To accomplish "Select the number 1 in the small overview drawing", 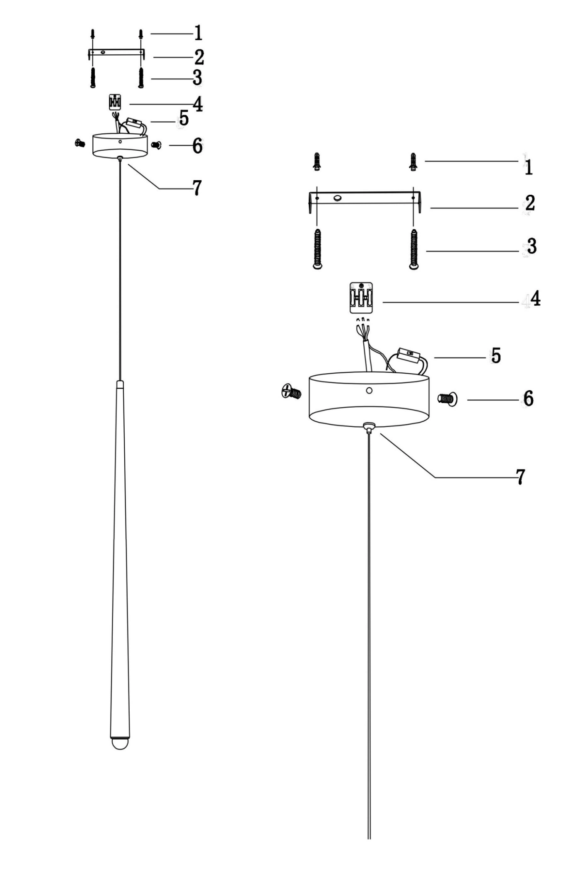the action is click(198, 33).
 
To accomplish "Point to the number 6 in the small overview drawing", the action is click(198, 145).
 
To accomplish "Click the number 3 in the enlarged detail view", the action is click(532, 246).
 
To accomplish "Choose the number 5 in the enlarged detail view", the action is click(496, 355).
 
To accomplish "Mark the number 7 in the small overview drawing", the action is click(197, 188).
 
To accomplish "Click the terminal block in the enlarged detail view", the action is click(361, 297).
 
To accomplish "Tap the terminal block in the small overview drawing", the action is click(115, 102).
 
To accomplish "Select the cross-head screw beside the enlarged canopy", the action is click(291, 391).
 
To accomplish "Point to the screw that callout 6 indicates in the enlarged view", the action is click(448, 399).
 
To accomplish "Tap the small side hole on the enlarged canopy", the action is click(369, 391).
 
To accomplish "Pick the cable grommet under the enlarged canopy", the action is click(369, 426).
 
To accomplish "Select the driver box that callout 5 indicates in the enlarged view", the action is click(408, 356).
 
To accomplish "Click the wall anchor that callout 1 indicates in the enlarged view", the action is click(413, 162).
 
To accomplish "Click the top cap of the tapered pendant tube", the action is click(120, 384).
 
